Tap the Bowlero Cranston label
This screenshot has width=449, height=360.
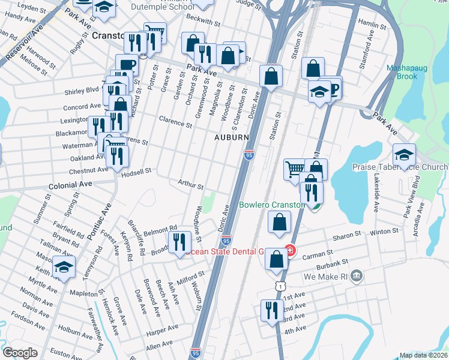pos(271,205)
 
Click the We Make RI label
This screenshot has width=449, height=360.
pos(326,277)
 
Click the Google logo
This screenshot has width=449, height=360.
pos(20,353)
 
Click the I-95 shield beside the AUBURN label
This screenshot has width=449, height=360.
pos(248,155)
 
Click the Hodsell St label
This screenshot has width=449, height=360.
pos(136,172)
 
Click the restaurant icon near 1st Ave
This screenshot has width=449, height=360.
pos(271,311)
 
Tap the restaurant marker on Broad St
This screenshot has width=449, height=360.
pos(179,242)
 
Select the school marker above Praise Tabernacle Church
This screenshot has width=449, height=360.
pos(404,155)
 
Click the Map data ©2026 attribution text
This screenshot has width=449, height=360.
pos(424,355)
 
